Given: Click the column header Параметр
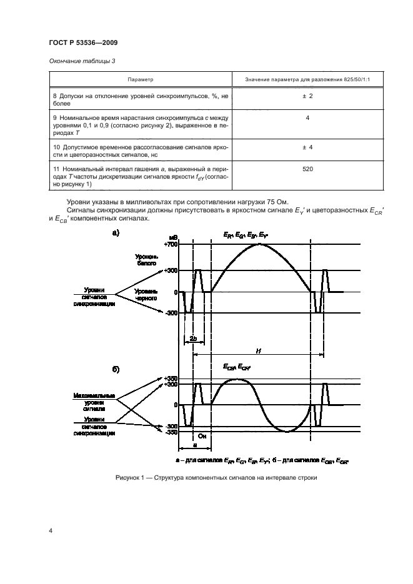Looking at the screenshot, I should [x=141, y=79].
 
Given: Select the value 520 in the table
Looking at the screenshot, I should [x=307, y=169].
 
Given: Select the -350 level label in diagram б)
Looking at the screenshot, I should [x=171, y=432].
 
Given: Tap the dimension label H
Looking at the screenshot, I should [x=258, y=351].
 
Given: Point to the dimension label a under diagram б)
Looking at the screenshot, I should [x=194, y=445].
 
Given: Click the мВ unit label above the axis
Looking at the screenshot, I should [x=174, y=238].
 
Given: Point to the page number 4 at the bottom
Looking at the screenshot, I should [x=50, y=531].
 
